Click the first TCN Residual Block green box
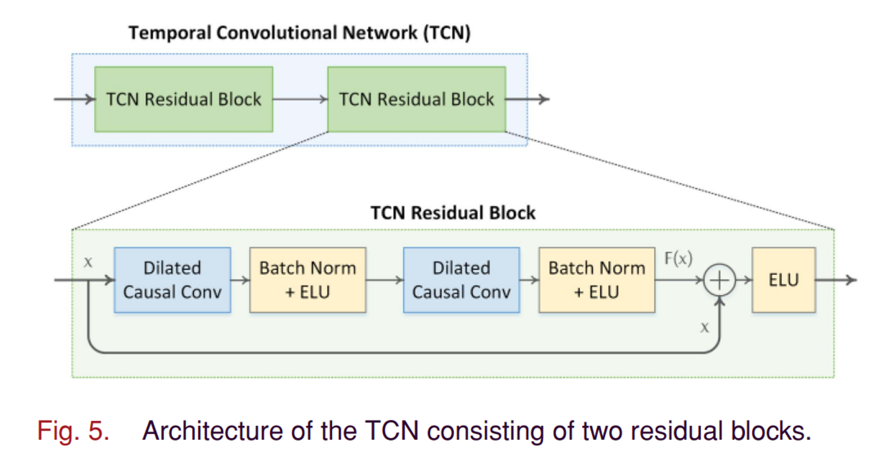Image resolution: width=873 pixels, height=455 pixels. (x=184, y=99)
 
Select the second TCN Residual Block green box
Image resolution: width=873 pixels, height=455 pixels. (x=416, y=99)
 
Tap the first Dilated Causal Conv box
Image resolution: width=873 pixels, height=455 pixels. (x=172, y=280)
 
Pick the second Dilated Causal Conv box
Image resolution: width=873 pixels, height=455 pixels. (x=461, y=280)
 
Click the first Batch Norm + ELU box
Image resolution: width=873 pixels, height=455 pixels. (x=308, y=280)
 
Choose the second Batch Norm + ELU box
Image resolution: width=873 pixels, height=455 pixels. (x=597, y=280)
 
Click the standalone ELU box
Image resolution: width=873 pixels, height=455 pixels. (x=784, y=280)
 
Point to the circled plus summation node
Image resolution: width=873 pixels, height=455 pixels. (x=719, y=280)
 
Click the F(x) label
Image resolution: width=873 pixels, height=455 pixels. (x=678, y=259)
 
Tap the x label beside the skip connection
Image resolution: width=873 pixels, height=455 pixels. (x=705, y=327)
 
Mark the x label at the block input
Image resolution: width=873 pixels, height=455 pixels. (x=88, y=262)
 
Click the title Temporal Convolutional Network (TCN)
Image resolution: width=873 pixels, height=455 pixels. (x=299, y=33)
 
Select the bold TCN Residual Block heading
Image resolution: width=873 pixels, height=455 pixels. (x=453, y=213)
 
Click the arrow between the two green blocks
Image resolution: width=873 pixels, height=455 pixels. (x=300, y=99)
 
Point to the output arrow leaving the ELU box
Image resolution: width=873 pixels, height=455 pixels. (x=836, y=280)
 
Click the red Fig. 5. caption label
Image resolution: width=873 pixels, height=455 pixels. (x=73, y=431)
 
